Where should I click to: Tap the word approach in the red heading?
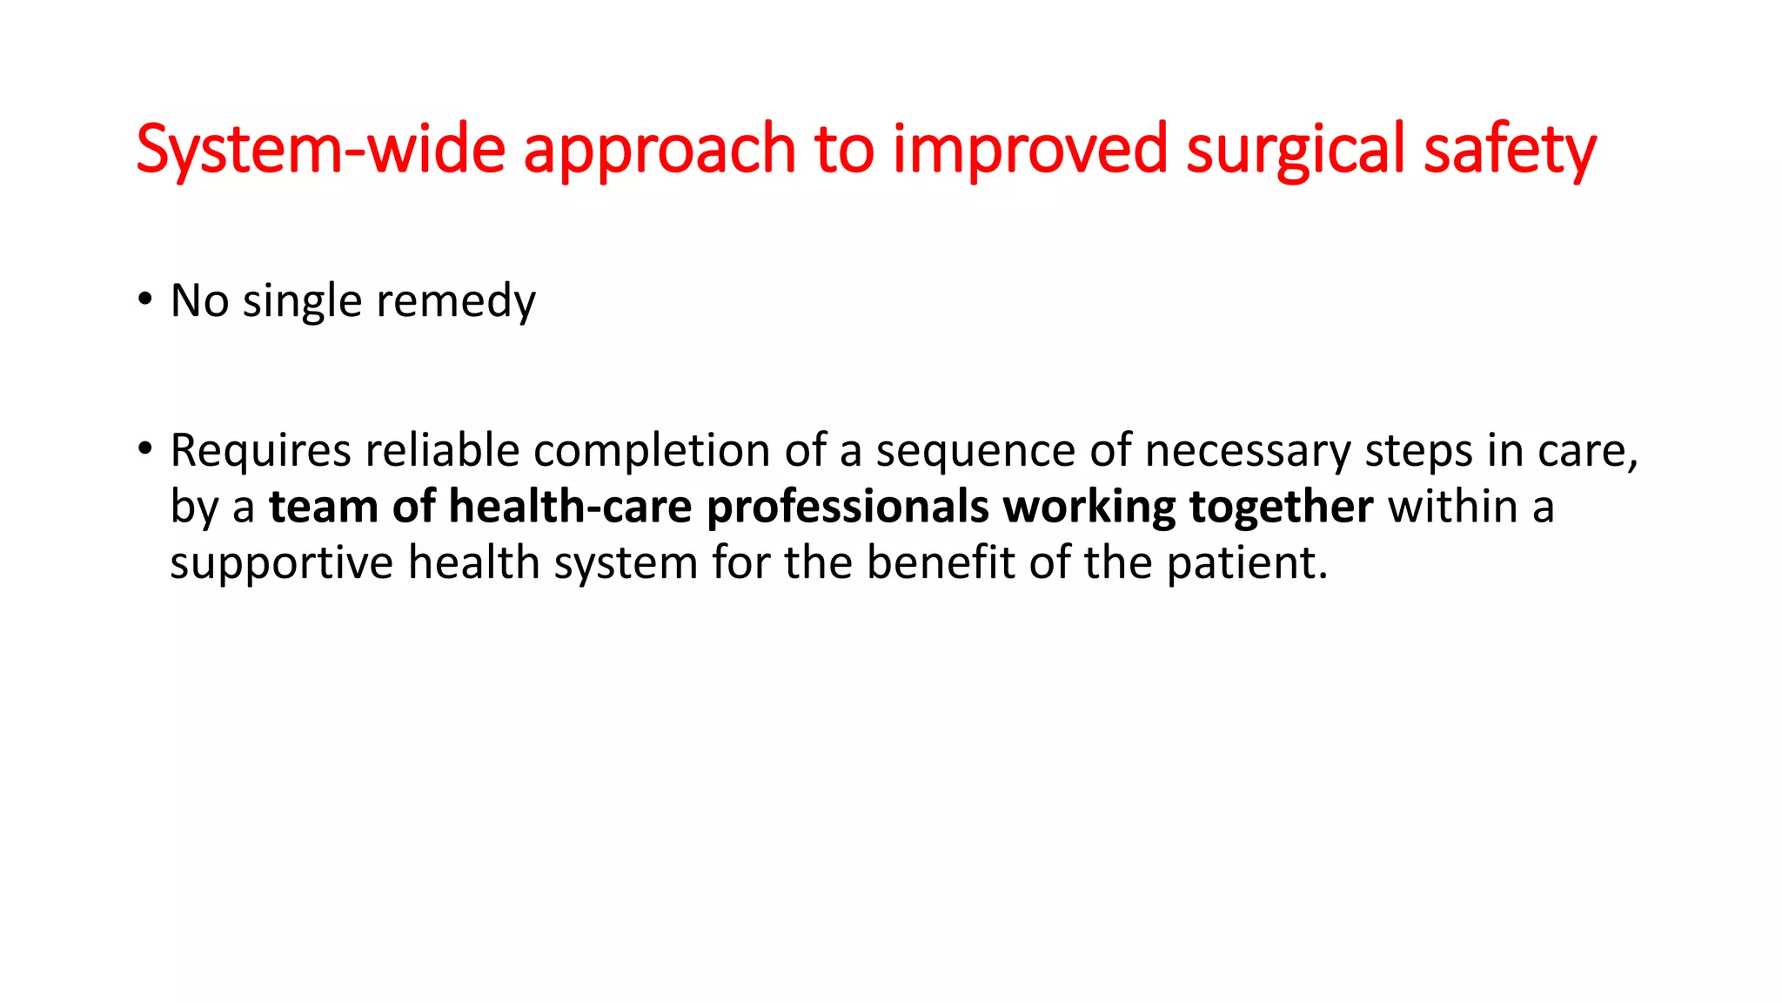click(x=659, y=150)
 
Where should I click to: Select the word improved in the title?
click(x=1029, y=150)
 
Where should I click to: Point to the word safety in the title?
click(x=1510, y=150)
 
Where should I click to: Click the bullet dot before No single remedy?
click(x=144, y=300)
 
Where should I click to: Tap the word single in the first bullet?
click(x=302, y=302)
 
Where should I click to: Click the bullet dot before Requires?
click(x=144, y=450)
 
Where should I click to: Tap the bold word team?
click(x=323, y=507)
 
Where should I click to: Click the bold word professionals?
click(x=847, y=508)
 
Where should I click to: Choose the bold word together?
click(x=1281, y=508)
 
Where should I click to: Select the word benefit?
click(x=941, y=562)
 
